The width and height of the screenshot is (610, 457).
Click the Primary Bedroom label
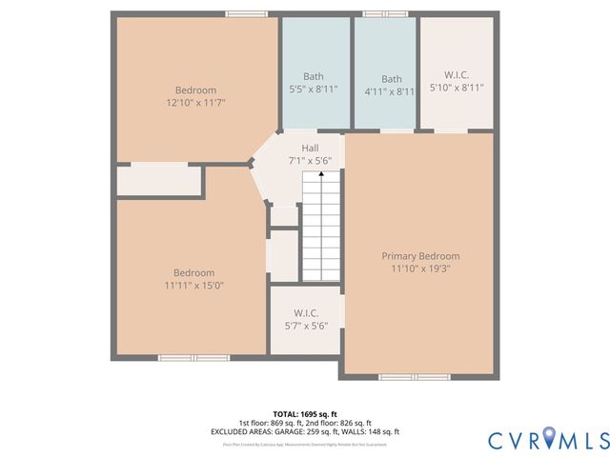[x=420, y=256]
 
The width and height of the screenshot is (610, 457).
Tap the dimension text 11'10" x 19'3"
[x=420, y=270]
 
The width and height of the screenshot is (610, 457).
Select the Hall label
[x=310, y=149]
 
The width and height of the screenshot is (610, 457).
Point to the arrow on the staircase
[x=321, y=172]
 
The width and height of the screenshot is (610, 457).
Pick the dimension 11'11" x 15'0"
[x=193, y=286]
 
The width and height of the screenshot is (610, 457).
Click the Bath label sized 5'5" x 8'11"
[x=314, y=78]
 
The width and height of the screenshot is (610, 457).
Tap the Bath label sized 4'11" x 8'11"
[x=392, y=79]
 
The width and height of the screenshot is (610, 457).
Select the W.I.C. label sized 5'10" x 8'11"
[x=457, y=74]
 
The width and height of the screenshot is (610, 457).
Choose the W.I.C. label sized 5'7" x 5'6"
[x=305, y=313]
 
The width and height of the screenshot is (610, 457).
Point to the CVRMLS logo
[x=548, y=439]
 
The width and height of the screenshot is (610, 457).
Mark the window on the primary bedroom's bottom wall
[x=414, y=377]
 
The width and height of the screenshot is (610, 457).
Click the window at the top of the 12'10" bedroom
[x=240, y=14]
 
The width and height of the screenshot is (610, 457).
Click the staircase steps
[x=322, y=228]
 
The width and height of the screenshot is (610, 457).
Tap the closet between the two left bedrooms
[x=160, y=181]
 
